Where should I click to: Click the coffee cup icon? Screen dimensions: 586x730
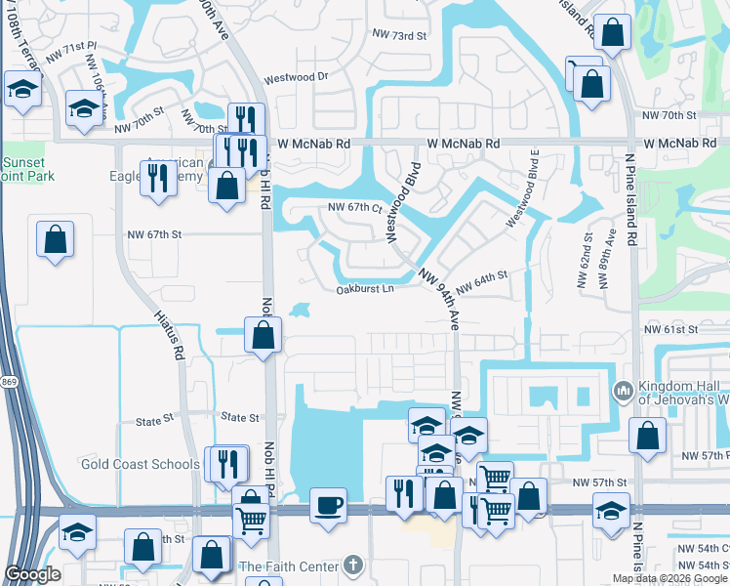pyautogui.click(x=328, y=506)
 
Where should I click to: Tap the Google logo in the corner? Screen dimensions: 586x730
pyautogui.click(x=32, y=575)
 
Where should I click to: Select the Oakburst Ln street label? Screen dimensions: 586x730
pyautogui.click(x=365, y=289)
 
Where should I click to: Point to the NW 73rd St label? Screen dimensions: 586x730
pyautogui.click(x=400, y=36)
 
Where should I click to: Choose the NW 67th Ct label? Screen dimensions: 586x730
pyautogui.click(x=353, y=207)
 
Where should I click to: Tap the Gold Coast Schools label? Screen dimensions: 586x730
pyautogui.click(x=141, y=464)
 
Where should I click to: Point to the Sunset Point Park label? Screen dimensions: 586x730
pyautogui.click(x=27, y=169)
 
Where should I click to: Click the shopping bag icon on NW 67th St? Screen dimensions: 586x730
pyautogui.click(x=56, y=238)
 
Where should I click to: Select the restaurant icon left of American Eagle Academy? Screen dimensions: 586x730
pyautogui.click(x=154, y=178)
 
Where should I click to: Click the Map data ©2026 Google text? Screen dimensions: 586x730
pyautogui.click(x=669, y=578)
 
